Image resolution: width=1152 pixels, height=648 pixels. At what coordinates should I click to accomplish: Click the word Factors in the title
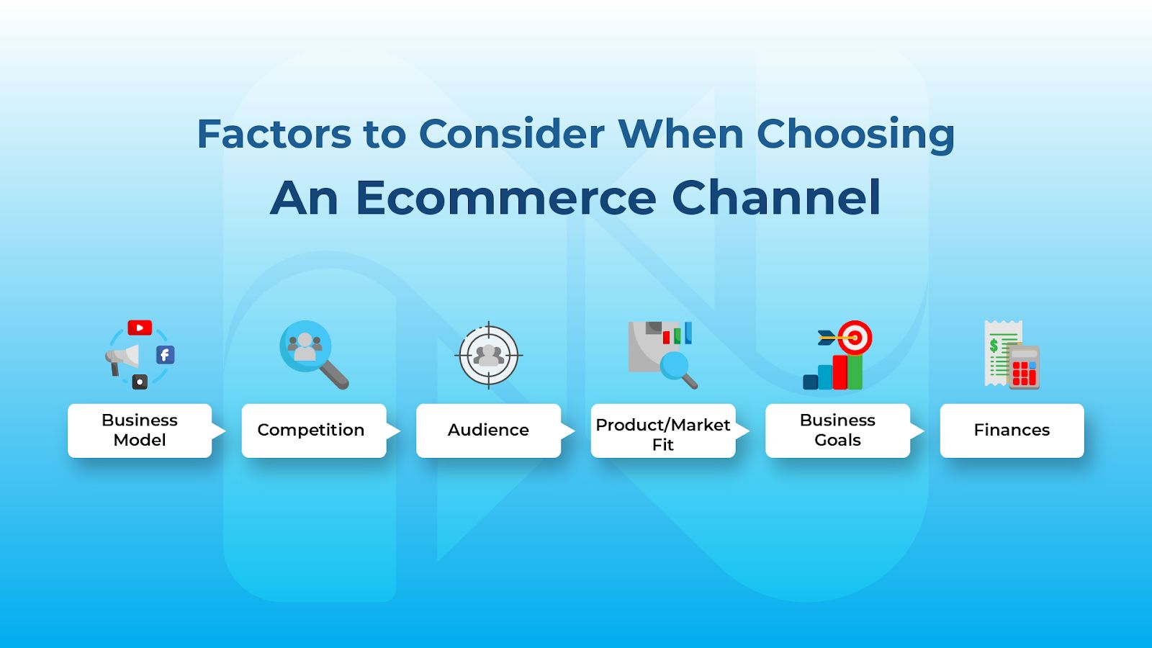(274, 134)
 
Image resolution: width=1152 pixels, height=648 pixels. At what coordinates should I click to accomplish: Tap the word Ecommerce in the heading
(506, 198)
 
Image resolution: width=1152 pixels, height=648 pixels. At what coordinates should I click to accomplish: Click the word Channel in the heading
(777, 197)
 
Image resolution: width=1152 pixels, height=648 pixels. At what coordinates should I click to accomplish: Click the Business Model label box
(140, 431)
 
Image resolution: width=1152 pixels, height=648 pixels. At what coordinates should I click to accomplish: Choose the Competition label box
(314, 431)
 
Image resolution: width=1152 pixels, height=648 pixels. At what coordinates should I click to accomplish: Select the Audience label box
(489, 431)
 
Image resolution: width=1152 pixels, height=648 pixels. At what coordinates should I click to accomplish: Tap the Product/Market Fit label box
(663, 431)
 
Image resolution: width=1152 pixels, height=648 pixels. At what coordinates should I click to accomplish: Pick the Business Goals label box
(838, 431)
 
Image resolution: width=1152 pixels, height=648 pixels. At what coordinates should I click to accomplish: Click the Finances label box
(1012, 431)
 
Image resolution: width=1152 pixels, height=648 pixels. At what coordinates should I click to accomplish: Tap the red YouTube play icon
(140, 328)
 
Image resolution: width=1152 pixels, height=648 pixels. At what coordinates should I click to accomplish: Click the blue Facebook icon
(165, 355)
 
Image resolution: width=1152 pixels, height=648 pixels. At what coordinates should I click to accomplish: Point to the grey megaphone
(122, 359)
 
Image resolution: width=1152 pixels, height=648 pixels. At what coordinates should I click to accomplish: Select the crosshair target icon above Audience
(489, 355)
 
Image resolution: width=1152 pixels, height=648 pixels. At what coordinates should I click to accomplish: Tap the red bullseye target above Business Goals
(855, 338)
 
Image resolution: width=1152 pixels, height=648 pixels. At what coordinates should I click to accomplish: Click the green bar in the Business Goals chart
(855, 372)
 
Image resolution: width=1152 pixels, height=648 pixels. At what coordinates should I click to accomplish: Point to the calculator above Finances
(1024, 367)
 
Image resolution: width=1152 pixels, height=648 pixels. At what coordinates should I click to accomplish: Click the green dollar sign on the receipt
(994, 346)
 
